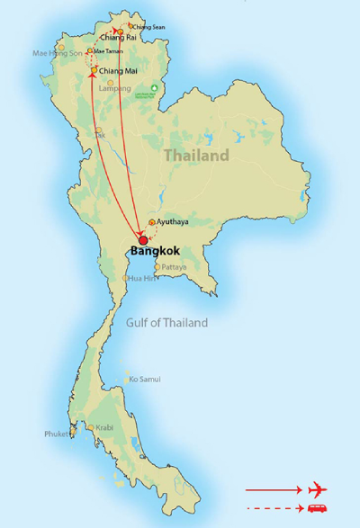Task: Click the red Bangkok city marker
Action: coord(142,240)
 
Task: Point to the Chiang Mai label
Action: coord(119,70)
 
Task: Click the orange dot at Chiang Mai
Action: coord(94,69)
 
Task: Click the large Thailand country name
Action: coord(195,156)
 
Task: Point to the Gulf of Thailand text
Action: coord(167,322)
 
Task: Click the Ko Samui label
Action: coord(145,380)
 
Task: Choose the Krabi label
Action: coord(104,428)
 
